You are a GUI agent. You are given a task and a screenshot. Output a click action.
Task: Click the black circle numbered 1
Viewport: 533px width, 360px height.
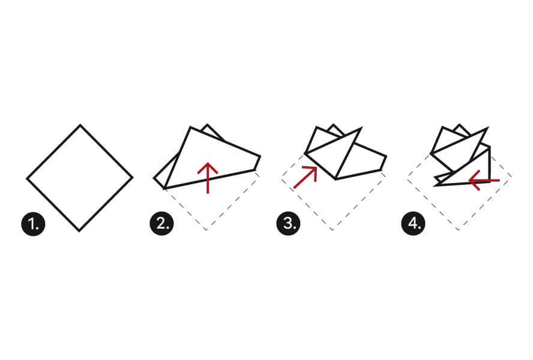(x=34, y=224)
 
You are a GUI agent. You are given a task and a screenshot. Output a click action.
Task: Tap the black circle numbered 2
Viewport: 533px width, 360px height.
(x=162, y=224)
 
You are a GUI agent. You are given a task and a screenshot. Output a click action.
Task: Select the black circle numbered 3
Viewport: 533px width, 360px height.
(x=289, y=224)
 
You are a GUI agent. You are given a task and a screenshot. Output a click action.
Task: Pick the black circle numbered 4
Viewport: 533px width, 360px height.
(x=414, y=224)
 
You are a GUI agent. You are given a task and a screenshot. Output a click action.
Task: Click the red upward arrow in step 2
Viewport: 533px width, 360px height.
(x=208, y=178)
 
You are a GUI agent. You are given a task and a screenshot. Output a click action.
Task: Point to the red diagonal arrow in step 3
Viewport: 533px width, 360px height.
(x=306, y=177)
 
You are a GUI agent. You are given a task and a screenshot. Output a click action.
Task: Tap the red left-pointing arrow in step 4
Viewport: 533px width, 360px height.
(x=484, y=180)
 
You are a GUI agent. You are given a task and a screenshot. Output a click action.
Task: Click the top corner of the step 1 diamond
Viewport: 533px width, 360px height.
(x=80, y=125)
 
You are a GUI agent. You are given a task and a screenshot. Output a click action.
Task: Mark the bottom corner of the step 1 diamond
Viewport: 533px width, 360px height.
(x=79, y=231)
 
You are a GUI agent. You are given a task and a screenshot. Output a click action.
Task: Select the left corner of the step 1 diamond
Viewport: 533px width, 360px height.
(x=27, y=178)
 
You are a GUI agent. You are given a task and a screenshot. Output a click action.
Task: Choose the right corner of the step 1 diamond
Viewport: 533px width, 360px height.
(x=133, y=177)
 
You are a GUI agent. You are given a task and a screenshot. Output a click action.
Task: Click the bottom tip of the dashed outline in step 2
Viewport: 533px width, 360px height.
(x=206, y=230)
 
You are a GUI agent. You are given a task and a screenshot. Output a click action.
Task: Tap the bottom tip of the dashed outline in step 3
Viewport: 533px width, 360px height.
(x=332, y=230)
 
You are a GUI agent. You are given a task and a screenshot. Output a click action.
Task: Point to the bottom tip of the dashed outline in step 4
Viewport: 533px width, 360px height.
(x=458, y=230)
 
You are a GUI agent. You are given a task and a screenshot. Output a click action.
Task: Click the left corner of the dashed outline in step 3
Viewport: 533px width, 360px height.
(x=281, y=178)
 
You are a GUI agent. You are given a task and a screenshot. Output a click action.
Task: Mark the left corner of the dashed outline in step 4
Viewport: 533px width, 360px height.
(x=407, y=178)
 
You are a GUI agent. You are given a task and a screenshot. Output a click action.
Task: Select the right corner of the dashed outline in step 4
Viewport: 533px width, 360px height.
(x=511, y=177)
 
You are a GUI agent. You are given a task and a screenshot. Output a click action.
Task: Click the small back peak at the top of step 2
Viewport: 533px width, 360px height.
(x=207, y=125)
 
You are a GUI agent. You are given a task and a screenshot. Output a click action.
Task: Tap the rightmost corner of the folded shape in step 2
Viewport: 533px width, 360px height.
(x=260, y=157)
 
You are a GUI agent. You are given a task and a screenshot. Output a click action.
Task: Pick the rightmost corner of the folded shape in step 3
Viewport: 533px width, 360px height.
(x=386, y=157)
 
